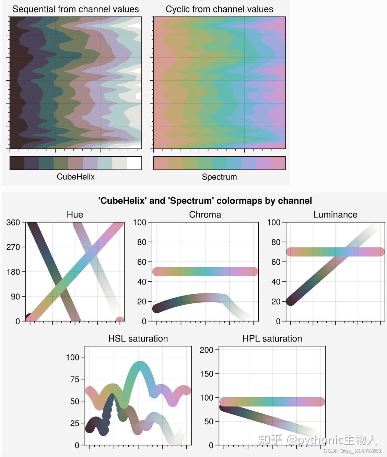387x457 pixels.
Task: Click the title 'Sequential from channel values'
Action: (75, 9)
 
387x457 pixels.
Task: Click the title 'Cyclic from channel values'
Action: (219, 9)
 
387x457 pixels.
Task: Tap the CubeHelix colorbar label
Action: (75, 177)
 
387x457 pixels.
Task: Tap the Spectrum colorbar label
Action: (219, 177)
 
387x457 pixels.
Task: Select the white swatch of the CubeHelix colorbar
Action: (134, 163)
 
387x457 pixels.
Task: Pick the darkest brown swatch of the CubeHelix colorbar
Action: (17, 163)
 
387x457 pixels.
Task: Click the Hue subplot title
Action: (75, 215)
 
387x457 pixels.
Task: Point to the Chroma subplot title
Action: (205, 215)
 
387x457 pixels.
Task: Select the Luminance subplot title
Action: (335, 215)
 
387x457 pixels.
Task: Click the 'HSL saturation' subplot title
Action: (138, 338)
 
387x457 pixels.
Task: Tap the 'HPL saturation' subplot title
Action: (272, 338)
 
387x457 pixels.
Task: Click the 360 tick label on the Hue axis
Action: (13, 223)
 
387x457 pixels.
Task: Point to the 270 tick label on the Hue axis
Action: (13, 247)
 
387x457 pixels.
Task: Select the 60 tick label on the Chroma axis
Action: (142, 262)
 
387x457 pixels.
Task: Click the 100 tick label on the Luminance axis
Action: (274, 223)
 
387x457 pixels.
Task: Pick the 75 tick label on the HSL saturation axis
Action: (75, 379)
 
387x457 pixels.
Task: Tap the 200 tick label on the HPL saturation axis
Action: (207, 350)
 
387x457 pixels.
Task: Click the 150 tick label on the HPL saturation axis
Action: (207, 374)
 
